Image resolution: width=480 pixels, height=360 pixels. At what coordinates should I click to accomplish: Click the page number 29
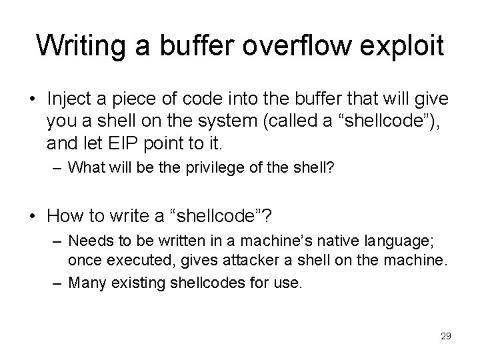pos(445,336)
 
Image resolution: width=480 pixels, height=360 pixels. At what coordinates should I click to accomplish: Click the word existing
pos(137,281)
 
